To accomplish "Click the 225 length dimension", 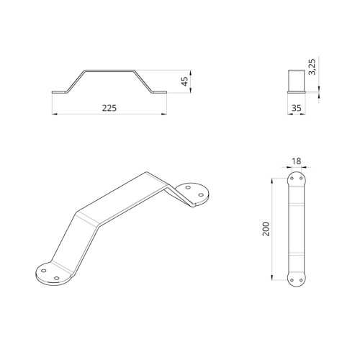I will (x=109, y=108).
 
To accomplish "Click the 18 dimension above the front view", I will (x=297, y=162).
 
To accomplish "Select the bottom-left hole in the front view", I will (x=293, y=281).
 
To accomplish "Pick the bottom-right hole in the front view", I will (x=301, y=281).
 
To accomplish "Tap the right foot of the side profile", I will (x=162, y=92).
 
